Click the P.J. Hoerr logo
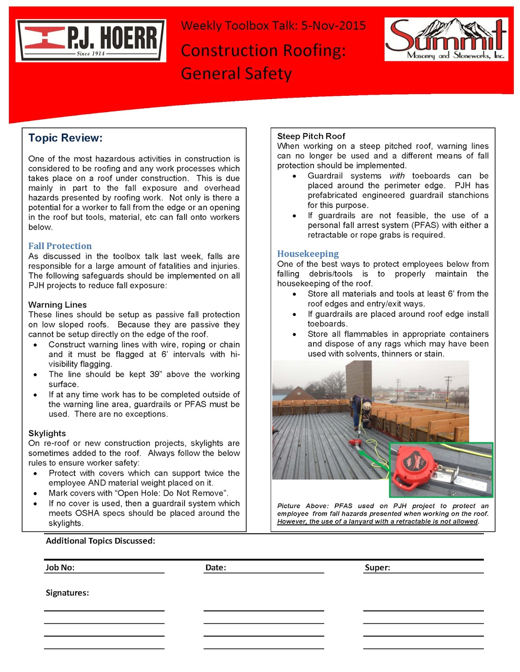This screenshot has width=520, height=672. click(x=91, y=41)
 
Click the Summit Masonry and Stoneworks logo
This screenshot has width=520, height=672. click(x=446, y=39)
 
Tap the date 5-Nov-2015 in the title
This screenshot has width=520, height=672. click(x=333, y=26)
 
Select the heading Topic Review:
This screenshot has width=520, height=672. click(x=65, y=138)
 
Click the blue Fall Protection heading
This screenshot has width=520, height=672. click(x=60, y=246)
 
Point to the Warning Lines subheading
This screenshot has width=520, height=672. click(x=57, y=305)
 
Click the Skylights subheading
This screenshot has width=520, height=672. click(x=47, y=433)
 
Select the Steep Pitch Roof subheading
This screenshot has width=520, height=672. click(x=311, y=136)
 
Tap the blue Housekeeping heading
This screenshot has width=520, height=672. click(x=308, y=254)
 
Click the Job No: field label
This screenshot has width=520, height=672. click(x=60, y=567)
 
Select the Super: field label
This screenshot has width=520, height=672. click(x=377, y=567)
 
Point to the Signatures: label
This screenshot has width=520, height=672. click(x=67, y=593)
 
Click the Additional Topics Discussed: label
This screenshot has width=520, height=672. click(x=100, y=541)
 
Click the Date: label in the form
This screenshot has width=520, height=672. click(x=216, y=567)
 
